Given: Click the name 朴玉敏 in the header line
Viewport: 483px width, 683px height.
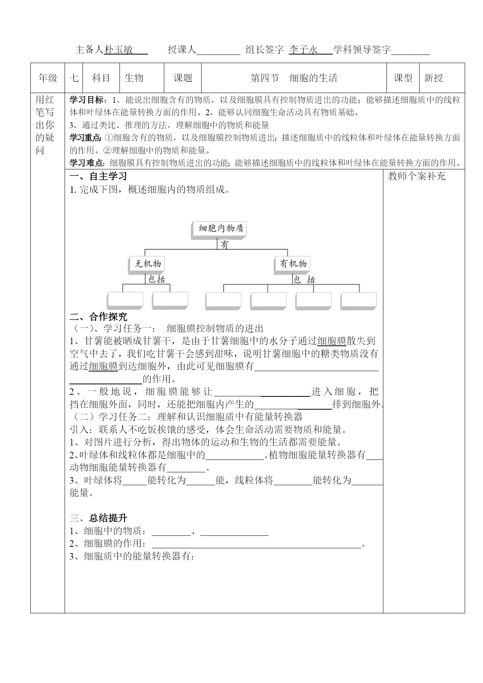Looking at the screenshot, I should [x=119, y=49].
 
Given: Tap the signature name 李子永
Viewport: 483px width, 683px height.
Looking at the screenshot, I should [x=303, y=49].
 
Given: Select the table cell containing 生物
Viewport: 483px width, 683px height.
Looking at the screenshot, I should [x=134, y=78].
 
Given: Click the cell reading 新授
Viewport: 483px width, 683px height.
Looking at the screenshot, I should [x=434, y=78].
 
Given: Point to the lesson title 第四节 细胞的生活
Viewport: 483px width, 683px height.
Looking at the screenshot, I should [x=294, y=78].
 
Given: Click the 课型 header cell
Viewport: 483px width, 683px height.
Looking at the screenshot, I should [x=403, y=78].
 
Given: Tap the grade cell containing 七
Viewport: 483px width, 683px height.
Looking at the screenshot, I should [x=74, y=78].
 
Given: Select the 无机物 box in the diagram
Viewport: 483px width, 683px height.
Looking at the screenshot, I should [x=148, y=264].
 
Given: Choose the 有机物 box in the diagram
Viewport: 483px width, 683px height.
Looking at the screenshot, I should [x=293, y=264].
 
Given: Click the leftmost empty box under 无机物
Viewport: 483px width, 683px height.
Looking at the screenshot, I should [x=125, y=301].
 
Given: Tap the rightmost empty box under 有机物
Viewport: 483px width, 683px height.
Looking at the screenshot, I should [x=358, y=301].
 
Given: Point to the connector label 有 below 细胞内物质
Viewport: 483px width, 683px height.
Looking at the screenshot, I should [x=225, y=245].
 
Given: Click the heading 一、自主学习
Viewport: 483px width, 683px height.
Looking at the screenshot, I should [x=98, y=176].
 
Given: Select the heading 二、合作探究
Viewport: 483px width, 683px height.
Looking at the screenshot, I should [x=98, y=317].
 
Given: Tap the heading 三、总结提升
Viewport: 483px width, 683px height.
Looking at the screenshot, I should [x=98, y=518].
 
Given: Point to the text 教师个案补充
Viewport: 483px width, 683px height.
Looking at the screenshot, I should [x=417, y=176].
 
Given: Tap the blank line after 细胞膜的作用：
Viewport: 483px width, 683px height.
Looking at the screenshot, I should [x=256, y=544].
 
